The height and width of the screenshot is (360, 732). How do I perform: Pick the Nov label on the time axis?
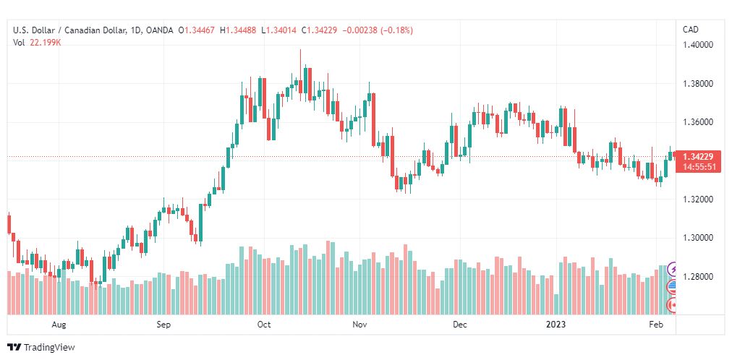tap(359, 325)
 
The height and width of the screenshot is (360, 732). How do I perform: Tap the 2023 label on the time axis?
tap(556, 325)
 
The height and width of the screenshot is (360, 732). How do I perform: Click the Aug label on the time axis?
tap(59, 325)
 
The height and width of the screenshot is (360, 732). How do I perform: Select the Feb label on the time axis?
tap(656, 325)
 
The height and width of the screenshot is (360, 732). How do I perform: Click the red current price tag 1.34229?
tap(698, 157)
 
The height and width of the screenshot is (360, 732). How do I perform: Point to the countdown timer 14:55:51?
tap(698, 166)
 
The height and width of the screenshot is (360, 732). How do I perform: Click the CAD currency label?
tap(691, 30)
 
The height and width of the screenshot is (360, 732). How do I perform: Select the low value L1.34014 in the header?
tap(278, 31)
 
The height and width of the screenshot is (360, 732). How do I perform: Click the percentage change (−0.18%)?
tap(397, 31)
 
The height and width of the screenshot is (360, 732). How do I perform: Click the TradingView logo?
tap(41, 348)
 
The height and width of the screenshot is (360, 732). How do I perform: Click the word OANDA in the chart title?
tap(159, 31)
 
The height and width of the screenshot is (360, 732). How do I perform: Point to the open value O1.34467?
tap(197, 31)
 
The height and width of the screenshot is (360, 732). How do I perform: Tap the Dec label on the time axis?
tap(460, 325)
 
